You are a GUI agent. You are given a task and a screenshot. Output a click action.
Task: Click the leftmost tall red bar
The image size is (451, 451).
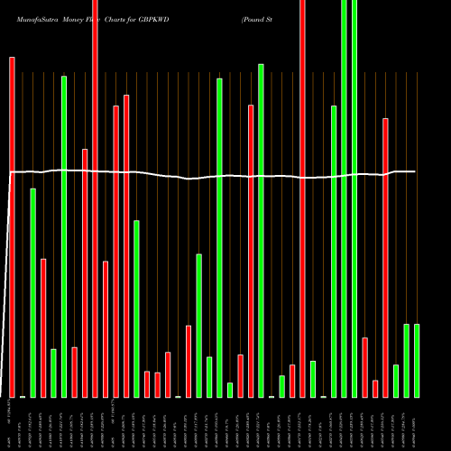coord(12,225)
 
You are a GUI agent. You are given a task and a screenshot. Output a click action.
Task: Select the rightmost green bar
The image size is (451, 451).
coord(417,360)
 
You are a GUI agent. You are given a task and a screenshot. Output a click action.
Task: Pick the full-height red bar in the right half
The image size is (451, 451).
coord(302,198)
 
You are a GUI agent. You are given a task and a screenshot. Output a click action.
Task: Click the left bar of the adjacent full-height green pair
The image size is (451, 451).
coord(344,198)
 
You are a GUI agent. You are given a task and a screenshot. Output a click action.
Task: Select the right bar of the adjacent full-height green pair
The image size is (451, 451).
coord(354,198)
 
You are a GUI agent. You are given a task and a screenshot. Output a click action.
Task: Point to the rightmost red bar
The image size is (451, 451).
coord(385,257)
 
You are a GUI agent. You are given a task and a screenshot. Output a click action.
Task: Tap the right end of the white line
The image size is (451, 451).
coord(415,171)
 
